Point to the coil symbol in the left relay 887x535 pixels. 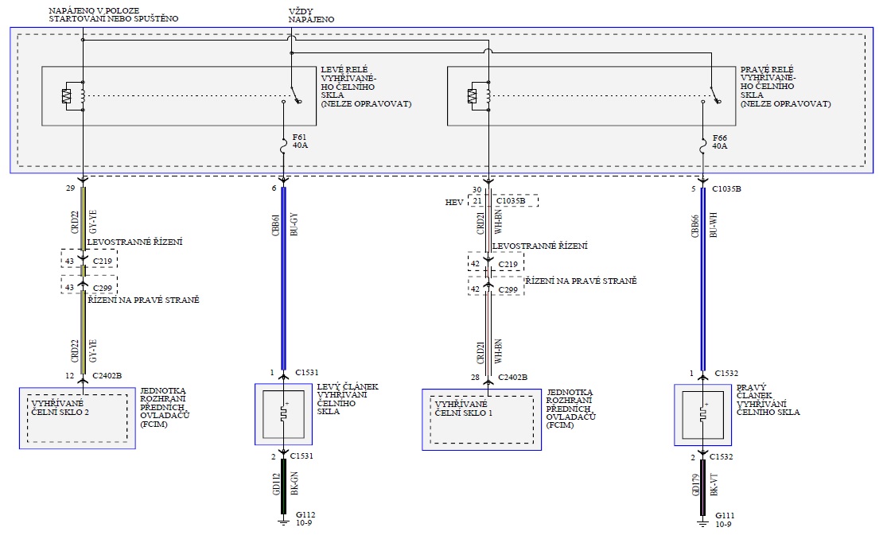coord(68,96)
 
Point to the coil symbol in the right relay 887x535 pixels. coord(473,96)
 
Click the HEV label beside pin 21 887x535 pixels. coord(455,202)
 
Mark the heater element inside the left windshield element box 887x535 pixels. coord(284,414)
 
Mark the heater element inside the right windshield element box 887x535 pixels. coord(703,414)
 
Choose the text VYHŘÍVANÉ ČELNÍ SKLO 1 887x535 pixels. coord(461,409)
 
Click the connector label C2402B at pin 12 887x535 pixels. coord(108,375)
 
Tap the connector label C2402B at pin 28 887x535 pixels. coord(513,376)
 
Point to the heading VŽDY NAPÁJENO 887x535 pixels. coord(311,15)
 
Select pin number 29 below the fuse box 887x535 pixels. coord(70,189)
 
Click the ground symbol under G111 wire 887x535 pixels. coord(703,522)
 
